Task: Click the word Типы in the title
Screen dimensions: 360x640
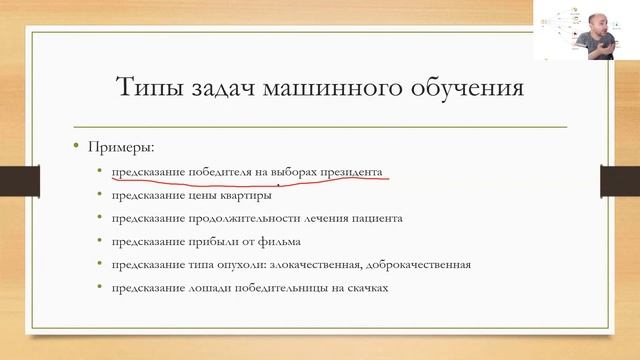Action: pyautogui.click(x=148, y=87)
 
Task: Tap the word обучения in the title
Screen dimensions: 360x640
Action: pyautogui.click(x=469, y=87)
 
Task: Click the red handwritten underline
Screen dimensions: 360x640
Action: pyautogui.click(x=250, y=181)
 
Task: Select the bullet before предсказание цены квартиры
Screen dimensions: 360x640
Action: pyautogui.click(x=99, y=195)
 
